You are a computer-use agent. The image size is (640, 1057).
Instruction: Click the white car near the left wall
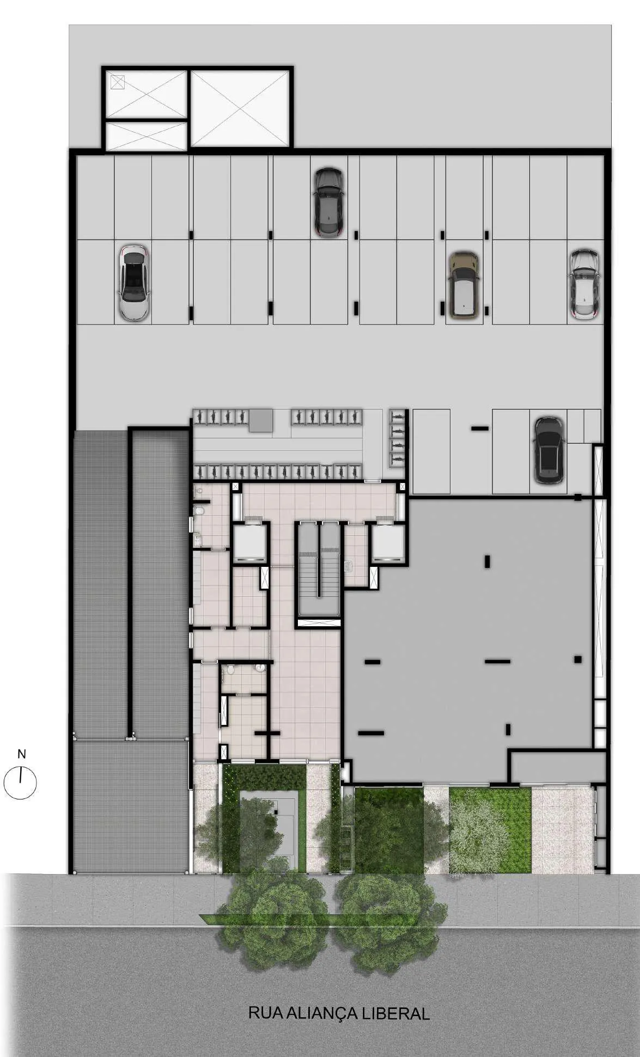(x=134, y=282)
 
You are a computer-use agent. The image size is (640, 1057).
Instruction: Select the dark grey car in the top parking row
(x=328, y=202)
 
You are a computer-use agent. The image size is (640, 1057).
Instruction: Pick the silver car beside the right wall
(x=583, y=284)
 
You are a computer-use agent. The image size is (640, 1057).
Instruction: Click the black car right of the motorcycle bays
(x=548, y=450)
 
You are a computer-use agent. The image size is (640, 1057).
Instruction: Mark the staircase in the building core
(x=319, y=575)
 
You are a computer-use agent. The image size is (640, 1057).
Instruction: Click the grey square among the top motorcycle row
(x=261, y=421)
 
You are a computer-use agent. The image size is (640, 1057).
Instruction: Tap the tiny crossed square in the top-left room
(x=118, y=82)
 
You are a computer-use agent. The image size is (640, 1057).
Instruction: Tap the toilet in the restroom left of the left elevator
(x=199, y=511)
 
